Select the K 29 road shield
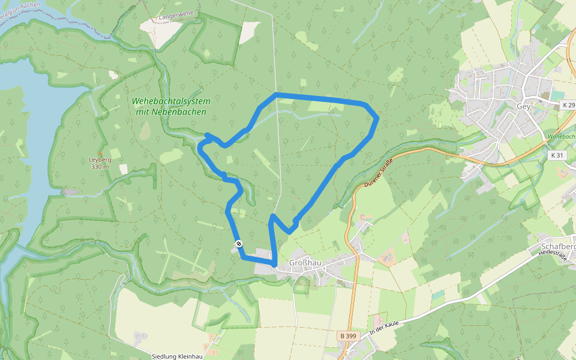pyautogui.click(x=568, y=105)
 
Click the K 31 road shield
pyautogui.click(x=557, y=155)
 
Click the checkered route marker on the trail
pyautogui.click(x=239, y=243)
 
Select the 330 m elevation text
pyautogui.click(x=100, y=166)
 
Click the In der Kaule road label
pyautogui.click(x=385, y=327)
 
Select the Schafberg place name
pyautogui.click(x=558, y=247)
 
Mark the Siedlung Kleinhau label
pyautogui.click(x=177, y=356)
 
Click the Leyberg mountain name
pyautogui.click(x=100, y=160)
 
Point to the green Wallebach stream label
pyautogui.click(x=561, y=137)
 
